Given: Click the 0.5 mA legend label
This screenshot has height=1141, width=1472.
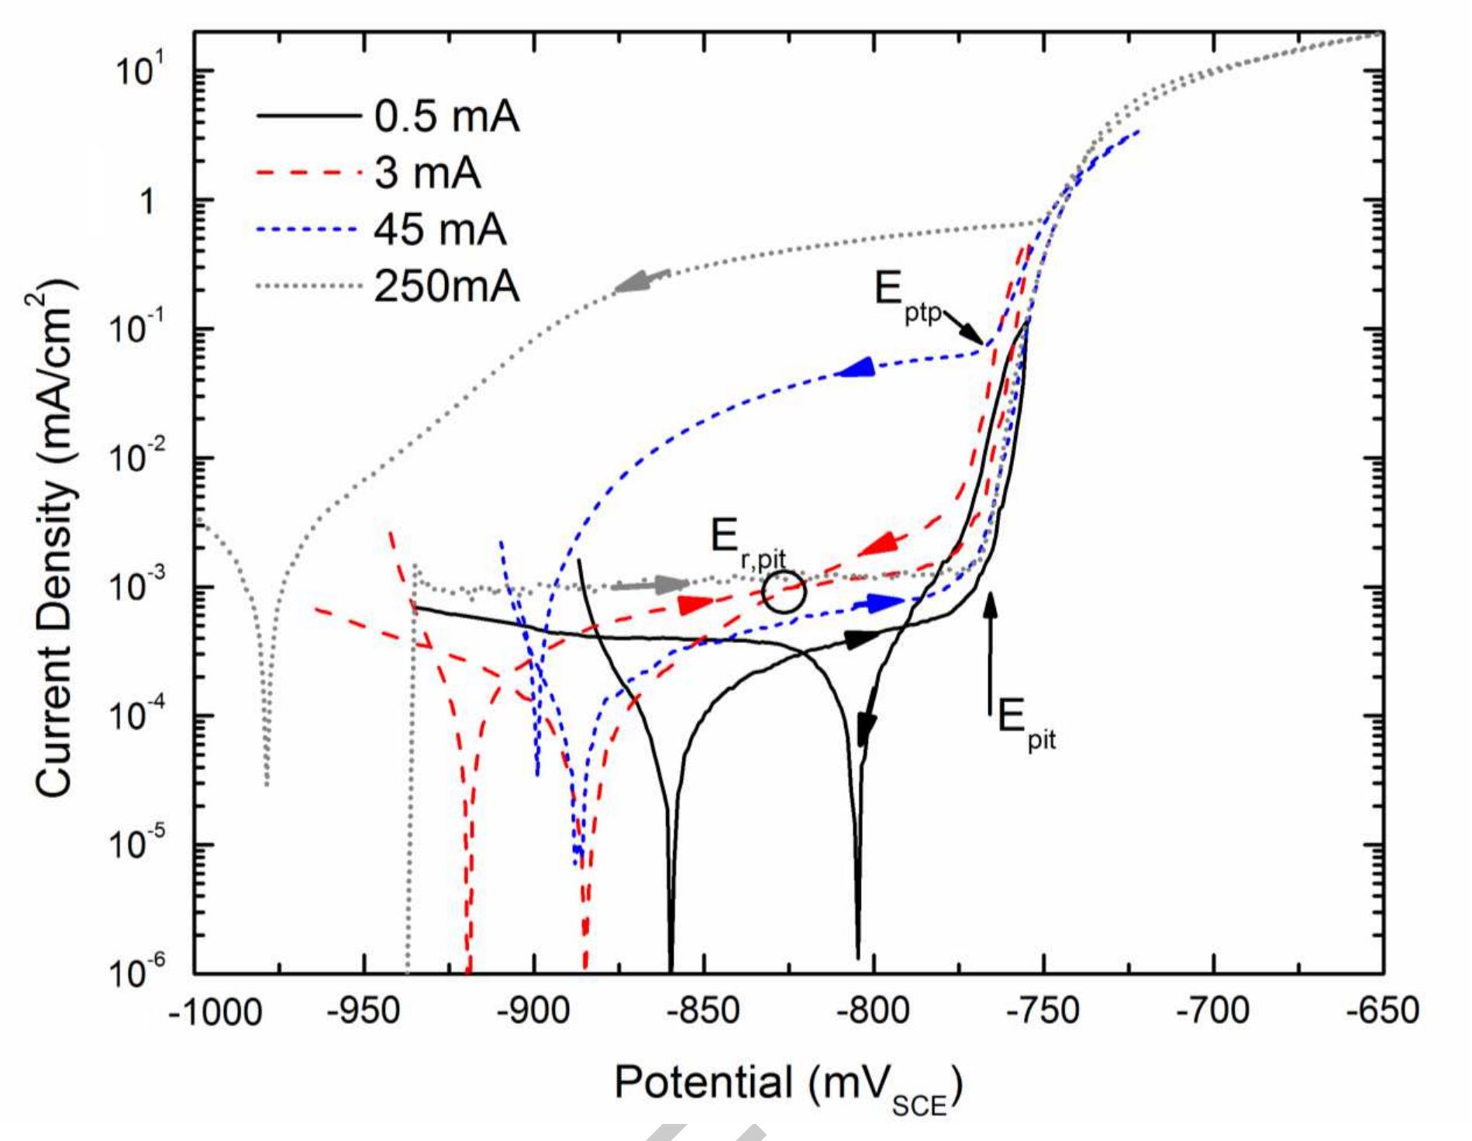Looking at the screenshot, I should [446, 117].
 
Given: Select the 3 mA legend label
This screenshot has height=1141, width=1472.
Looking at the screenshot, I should [427, 173].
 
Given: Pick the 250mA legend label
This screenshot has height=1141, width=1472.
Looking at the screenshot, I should [446, 287].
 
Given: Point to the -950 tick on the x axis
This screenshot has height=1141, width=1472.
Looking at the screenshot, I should [364, 1011].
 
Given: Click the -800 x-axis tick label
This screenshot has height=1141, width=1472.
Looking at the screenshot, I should [874, 1011].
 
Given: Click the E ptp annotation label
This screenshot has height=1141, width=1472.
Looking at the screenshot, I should [907, 296].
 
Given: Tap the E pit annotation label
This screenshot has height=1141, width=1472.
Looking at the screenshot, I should [1025, 722].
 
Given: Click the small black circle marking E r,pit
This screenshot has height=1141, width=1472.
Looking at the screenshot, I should [784, 592].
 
